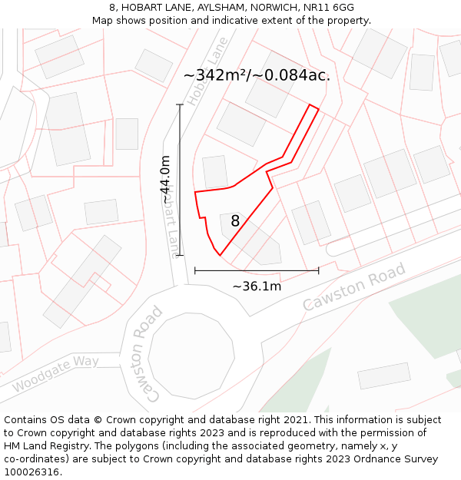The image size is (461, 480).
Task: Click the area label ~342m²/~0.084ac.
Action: pyautogui.click(x=257, y=75)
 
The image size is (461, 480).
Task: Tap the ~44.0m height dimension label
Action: pyautogui.click(x=165, y=180)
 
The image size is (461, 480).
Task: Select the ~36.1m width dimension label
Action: pyautogui.click(x=257, y=286)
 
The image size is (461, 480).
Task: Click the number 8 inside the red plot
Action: pyautogui.click(x=235, y=221)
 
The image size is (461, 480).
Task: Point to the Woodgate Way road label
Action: pyautogui.click(x=55, y=373)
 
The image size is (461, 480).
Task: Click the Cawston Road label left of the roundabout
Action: pyautogui.click(x=144, y=353)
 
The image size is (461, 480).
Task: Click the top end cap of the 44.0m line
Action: pyautogui.click(x=180, y=104)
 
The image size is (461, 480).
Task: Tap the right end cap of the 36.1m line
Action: pyautogui.click(x=318, y=270)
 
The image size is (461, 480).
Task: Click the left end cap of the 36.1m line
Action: pyautogui.click(x=195, y=270)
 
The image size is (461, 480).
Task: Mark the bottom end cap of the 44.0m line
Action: pyautogui.click(x=180, y=255)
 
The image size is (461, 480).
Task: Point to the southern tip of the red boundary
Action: pyautogui.click(x=220, y=255)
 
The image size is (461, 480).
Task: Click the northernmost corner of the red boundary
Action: pyautogui.click(x=310, y=104)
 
